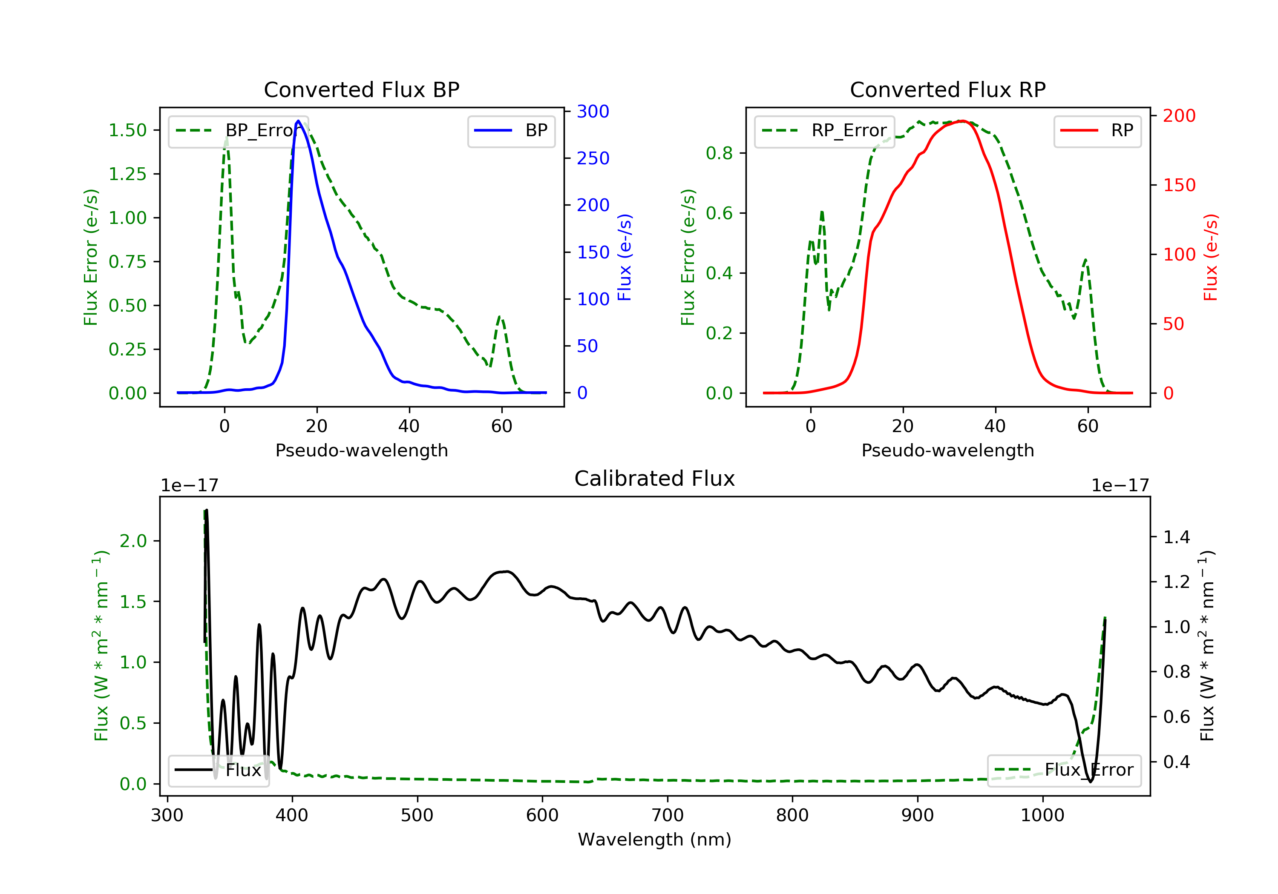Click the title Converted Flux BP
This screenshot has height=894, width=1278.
361,89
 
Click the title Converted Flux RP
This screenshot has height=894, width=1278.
947,89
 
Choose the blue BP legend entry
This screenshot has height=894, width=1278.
511,131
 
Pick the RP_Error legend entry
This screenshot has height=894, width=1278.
824,131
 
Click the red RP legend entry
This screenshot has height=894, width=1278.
1097,131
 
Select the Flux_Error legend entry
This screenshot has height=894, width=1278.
1064,770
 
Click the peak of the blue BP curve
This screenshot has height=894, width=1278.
298,121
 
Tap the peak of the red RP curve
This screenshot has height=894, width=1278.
962,121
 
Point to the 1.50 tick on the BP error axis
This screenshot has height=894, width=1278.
127,130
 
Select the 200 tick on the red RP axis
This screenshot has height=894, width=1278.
1179,116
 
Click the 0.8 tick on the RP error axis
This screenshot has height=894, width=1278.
719,153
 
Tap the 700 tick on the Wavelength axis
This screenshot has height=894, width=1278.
668,816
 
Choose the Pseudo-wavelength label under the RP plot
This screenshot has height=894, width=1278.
947,450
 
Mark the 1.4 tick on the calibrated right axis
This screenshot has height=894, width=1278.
1176,537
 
